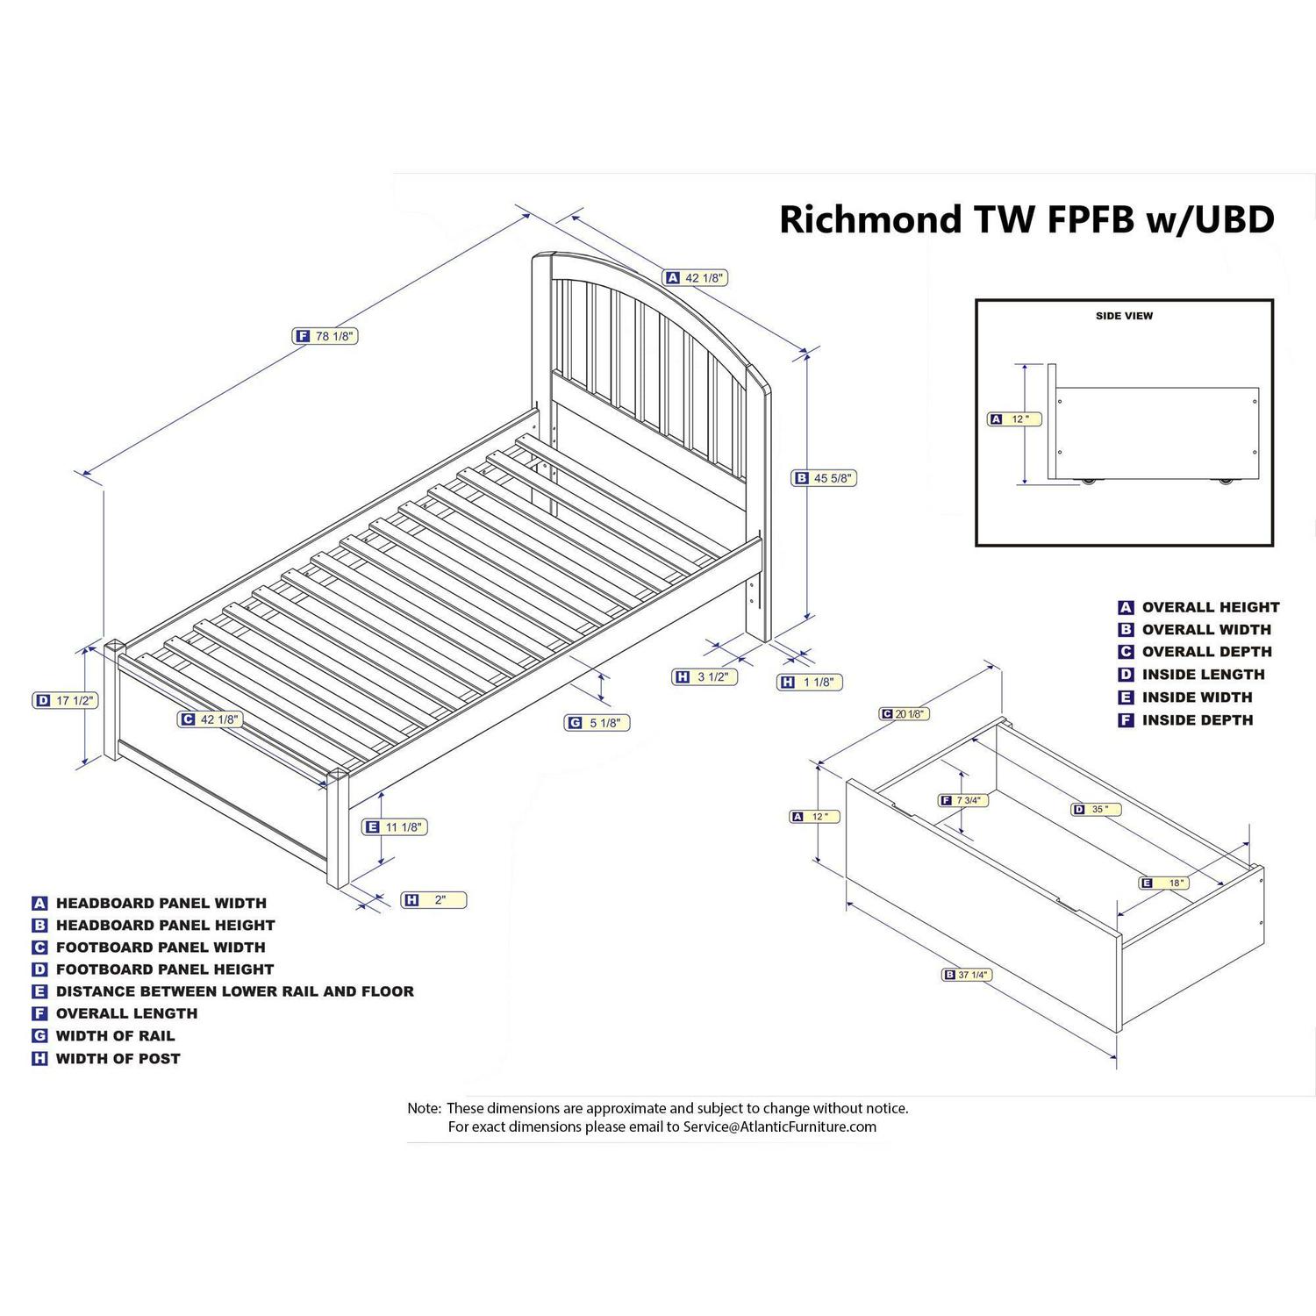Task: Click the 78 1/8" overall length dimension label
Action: [325, 336]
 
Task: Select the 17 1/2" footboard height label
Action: [65, 701]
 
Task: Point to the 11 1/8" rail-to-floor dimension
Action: [395, 826]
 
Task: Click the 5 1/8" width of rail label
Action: [597, 723]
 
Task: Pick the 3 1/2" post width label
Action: [704, 677]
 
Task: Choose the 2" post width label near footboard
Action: [433, 900]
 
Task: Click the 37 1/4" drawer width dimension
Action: [968, 975]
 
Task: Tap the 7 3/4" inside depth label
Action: [964, 800]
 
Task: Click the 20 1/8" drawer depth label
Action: [905, 714]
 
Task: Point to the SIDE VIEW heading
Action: [1124, 316]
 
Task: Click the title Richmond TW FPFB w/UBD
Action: [1026, 219]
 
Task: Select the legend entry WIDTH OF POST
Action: [118, 1059]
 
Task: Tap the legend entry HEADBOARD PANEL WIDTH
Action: [161, 904]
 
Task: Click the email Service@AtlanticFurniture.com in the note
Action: [779, 1127]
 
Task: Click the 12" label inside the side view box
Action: [1015, 419]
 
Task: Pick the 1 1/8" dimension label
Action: [810, 682]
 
